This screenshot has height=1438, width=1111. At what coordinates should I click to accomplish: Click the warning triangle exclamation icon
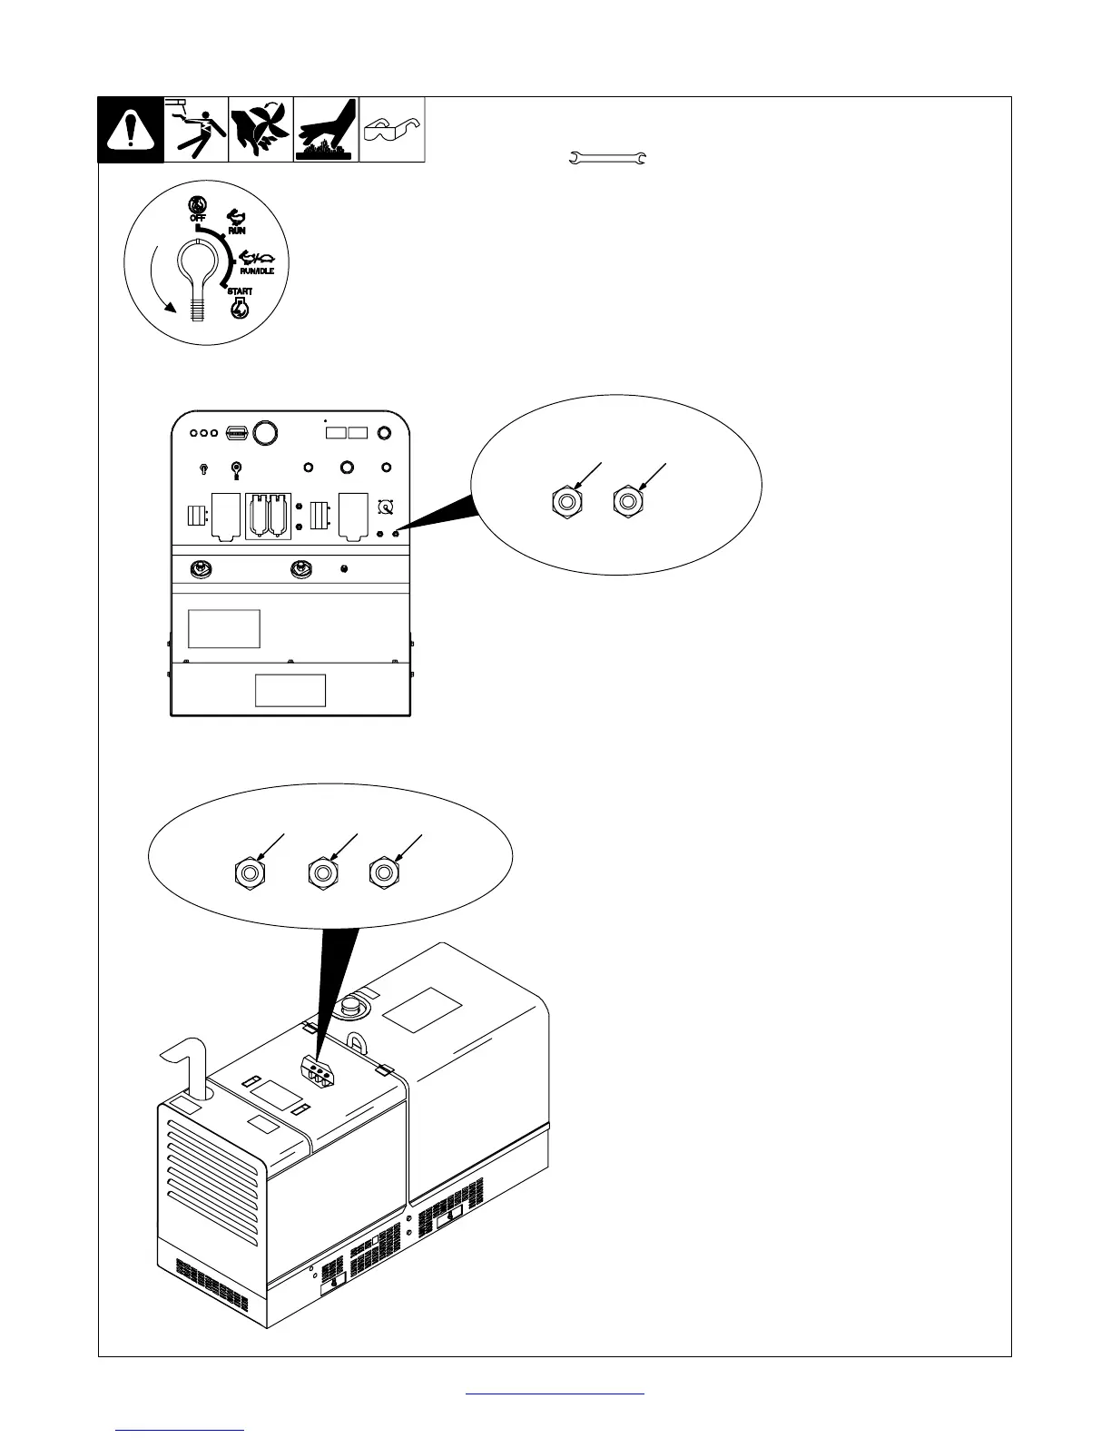131,131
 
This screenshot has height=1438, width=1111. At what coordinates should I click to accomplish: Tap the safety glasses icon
392,130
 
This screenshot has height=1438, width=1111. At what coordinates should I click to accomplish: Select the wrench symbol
606,160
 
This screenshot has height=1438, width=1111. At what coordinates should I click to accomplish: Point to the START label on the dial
240,291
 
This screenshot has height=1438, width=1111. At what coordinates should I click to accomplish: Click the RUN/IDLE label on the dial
256,271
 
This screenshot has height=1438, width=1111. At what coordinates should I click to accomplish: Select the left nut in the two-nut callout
565,500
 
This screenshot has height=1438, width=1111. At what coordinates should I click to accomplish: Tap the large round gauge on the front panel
264,433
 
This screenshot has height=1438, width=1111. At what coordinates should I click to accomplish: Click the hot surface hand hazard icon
326,130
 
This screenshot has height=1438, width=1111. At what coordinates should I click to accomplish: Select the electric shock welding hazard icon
195,130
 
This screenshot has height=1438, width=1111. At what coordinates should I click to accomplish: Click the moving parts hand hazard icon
261,130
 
